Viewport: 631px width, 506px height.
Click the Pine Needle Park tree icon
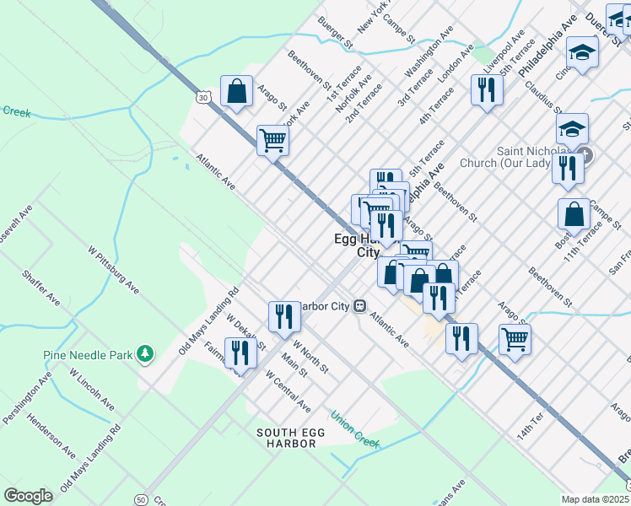(x=146, y=354)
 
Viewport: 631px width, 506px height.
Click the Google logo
(x=28, y=496)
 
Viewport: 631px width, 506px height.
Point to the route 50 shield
(x=140, y=499)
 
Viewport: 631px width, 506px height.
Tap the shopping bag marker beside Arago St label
(x=236, y=91)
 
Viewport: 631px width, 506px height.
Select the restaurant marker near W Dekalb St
(x=240, y=353)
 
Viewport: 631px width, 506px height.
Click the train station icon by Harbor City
(x=359, y=305)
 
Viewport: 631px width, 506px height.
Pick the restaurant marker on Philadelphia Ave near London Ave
(x=486, y=89)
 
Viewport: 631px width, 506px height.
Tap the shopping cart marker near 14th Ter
(x=514, y=340)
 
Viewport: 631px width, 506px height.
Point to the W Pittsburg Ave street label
(x=113, y=268)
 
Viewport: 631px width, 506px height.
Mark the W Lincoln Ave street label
(x=91, y=390)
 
